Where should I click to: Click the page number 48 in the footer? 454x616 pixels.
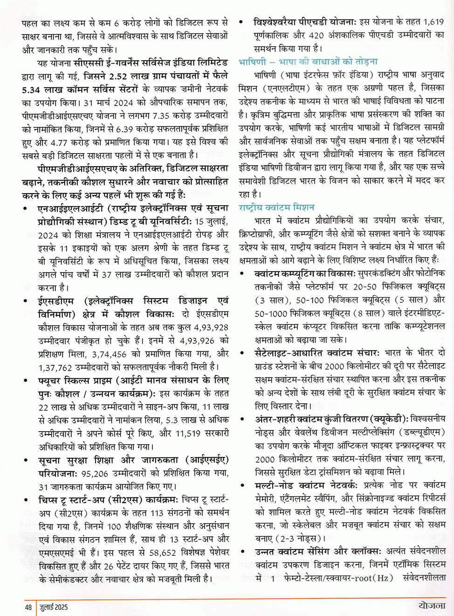28,607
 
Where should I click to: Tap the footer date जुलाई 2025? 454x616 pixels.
54,607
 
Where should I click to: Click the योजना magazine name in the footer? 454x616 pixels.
432,605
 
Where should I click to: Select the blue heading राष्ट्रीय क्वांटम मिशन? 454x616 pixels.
276,207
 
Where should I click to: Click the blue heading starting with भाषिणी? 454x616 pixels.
308,62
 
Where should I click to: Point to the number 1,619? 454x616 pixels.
434,22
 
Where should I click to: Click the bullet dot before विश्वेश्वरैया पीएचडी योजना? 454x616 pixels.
241,22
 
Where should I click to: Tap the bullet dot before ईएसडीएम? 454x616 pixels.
25,301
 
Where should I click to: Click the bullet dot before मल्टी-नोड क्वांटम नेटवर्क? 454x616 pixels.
242,485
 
